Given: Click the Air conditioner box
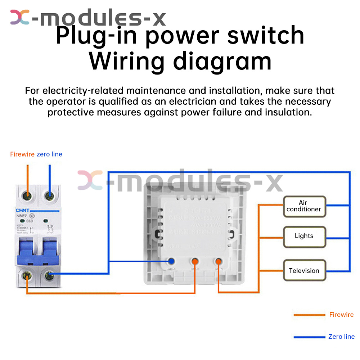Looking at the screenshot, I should tap(304, 206).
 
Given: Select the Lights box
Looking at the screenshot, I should tap(304, 236).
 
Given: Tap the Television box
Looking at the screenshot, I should tap(304, 271).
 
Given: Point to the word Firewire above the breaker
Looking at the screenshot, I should tap(22, 154).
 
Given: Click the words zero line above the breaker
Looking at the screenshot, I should tap(49, 154).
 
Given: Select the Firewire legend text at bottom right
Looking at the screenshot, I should tap(341, 315).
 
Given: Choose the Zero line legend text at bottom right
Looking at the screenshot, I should tap(341, 337).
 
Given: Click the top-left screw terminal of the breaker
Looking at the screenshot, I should tap(26, 196).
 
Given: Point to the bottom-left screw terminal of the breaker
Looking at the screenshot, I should tap(26, 276).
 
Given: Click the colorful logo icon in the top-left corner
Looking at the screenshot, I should tap(20, 17).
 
